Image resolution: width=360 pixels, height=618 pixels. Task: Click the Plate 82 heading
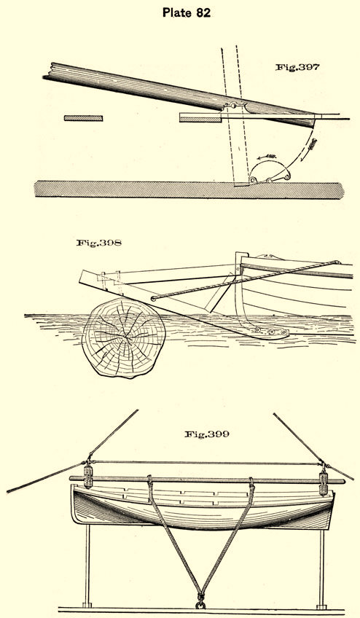pyautogui.click(x=187, y=12)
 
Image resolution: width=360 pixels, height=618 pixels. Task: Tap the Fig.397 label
pyautogui.click(x=297, y=67)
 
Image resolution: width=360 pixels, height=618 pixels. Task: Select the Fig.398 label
pyautogui.click(x=99, y=243)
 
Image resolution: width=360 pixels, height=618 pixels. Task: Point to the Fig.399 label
pyautogui.click(x=207, y=434)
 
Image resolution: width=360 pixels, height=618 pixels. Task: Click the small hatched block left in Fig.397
pyautogui.click(x=83, y=118)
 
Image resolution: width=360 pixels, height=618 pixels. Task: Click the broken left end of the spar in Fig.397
pyautogui.click(x=48, y=71)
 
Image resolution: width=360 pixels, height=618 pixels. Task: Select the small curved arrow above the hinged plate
pyautogui.click(x=266, y=157)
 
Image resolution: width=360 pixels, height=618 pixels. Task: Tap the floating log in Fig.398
pyautogui.click(x=123, y=337)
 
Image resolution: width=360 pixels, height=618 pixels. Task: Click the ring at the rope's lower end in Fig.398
pyautogui.click(x=153, y=298)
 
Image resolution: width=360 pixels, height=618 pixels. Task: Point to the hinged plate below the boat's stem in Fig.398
pyautogui.click(x=271, y=332)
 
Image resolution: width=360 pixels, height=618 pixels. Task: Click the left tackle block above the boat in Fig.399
pyautogui.click(x=88, y=477)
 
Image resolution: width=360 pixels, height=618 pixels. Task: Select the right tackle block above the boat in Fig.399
pyautogui.click(x=324, y=482)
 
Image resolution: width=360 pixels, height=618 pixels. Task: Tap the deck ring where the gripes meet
pyautogui.click(x=201, y=604)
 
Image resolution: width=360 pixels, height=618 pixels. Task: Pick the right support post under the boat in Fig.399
pyautogui.click(x=322, y=567)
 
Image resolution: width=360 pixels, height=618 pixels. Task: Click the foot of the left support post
pyautogui.click(x=87, y=605)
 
